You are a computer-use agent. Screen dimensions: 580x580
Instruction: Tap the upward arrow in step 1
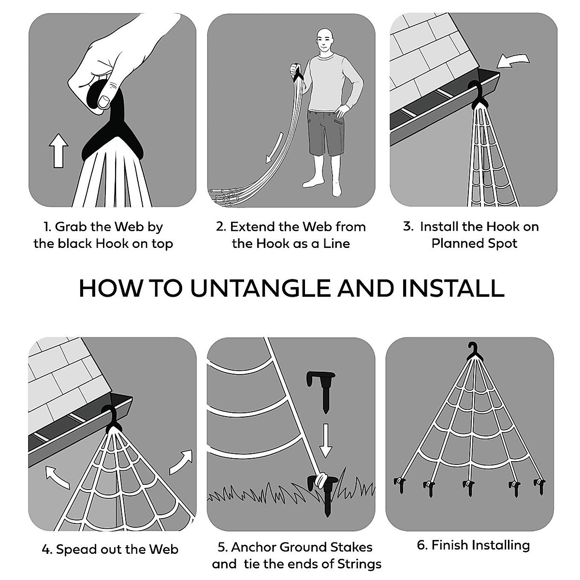tap(58, 150)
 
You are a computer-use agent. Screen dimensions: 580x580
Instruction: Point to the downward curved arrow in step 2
tap(275, 147)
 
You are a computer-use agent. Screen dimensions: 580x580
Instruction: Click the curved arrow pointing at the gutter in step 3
tap(513, 61)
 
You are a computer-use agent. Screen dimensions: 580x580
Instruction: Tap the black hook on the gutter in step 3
tap(478, 94)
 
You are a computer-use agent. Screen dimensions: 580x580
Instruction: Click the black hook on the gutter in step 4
tap(111, 419)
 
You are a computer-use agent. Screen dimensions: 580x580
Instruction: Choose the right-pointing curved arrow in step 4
tap(181, 462)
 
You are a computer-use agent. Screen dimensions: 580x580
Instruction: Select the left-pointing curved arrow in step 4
tap(57, 477)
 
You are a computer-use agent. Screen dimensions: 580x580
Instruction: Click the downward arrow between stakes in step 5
tap(325, 441)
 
